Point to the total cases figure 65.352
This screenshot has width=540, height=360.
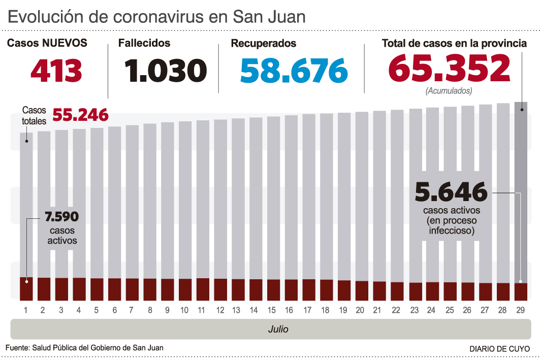click(449, 69)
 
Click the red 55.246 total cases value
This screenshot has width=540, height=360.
click(80, 115)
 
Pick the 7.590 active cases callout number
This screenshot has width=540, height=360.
click(61, 217)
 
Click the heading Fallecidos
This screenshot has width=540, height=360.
click(144, 44)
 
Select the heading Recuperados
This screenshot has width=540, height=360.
click(263, 44)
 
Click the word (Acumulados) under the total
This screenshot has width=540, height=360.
click(449, 91)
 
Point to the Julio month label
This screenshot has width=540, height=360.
click(278, 329)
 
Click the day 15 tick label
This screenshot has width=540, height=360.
click(272, 310)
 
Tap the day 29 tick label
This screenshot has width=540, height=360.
click(520, 310)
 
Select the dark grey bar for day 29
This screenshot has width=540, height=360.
click(521, 193)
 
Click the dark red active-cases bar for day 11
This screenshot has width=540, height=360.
click(203, 289)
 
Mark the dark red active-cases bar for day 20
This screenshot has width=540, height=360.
click(362, 290)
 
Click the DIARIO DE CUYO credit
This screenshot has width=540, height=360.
click(499, 349)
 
